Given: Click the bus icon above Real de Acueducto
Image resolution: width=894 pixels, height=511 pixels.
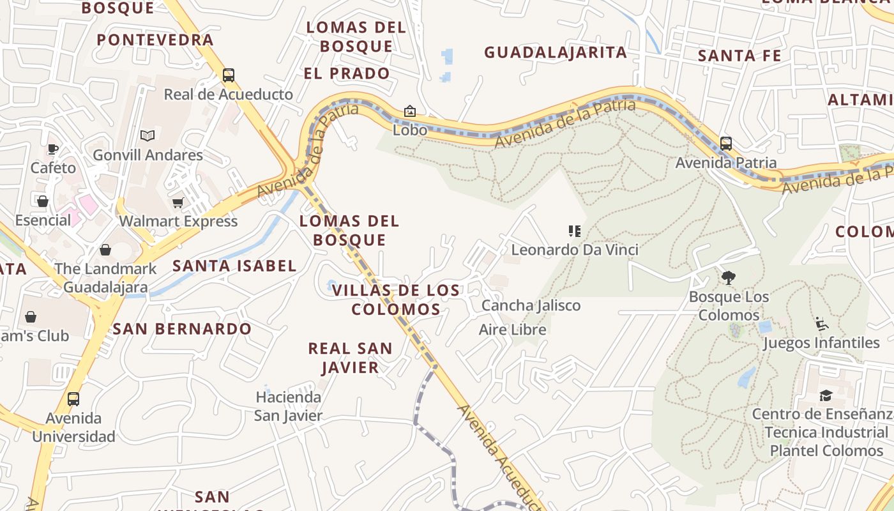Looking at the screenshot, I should pyautogui.click(x=229, y=75).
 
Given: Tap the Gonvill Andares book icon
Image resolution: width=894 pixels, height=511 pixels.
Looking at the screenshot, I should pyautogui.click(x=148, y=135).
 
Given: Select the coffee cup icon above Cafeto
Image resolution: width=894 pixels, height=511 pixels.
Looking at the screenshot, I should pyautogui.click(x=52, y=149).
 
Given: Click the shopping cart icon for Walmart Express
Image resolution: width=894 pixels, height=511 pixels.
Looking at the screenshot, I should pyautogui.click(x=178, y=202).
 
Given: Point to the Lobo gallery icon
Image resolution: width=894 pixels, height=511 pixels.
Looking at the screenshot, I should pyautogui.click(x=410, y=111).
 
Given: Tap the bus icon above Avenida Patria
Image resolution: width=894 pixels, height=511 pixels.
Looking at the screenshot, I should pyautogui.click(x=725, y=143).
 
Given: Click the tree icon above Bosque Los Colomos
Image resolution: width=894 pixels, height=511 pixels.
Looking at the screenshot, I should pyautogui.click(x=728, y=277).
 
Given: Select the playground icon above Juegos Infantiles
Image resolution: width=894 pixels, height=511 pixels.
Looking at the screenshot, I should pyautogui.click(x=821, y=324).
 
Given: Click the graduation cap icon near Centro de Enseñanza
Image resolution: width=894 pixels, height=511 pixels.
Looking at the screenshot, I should pyautogui.click(x=826, y=395).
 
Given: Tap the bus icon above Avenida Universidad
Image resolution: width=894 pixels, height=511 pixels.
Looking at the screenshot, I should pyautogui.click(x=73, y=399).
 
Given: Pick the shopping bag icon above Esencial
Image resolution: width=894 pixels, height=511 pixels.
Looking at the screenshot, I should pyautogui.click(x=43, y=201).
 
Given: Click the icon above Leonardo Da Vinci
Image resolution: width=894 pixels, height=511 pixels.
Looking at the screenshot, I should pyautogui.click(x=574, y=231).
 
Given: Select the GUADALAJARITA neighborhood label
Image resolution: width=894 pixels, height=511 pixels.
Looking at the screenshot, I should pyautogui.click(x=556, y=52).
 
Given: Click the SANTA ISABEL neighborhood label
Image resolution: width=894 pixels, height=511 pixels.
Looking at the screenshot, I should pyautogui.click(x=234, y=266).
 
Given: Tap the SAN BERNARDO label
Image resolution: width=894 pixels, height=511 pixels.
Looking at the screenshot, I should pyautogui.click(x=182, y=329).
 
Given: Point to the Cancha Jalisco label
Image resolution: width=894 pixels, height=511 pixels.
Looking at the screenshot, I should pyautogui.click(x=531, y=305).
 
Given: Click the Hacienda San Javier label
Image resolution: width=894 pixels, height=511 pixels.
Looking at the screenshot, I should pyautogui.click(x=289, y=406).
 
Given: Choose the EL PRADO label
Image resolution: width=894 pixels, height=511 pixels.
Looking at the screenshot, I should pyautogui.click(x=347, y=73).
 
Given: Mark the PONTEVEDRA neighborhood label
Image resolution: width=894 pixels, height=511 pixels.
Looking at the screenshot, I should pyautogui.click(x=155, y=40).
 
